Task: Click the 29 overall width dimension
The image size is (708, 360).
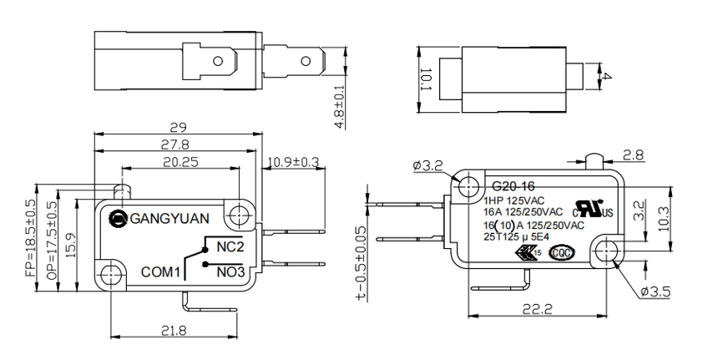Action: click(177, 128)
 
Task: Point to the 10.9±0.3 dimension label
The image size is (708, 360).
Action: click(293, 162)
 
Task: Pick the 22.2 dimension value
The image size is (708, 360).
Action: click(538, 309)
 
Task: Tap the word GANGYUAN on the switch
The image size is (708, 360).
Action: click(170, 219)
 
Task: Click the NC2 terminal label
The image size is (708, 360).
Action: click(229, 247)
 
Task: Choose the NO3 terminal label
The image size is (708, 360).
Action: click(230, 272)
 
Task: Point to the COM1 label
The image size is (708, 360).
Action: click(161, 272)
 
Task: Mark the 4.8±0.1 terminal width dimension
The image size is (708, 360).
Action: click(340, 105)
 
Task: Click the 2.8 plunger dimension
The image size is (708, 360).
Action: click(633, 155)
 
